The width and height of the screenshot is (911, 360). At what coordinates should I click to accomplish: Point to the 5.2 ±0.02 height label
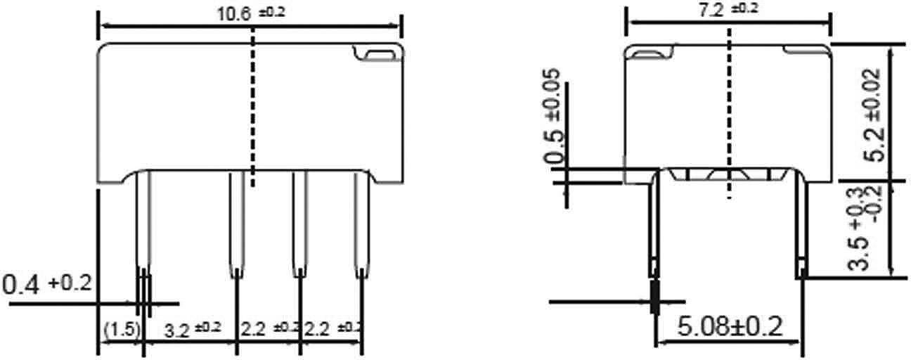pyautogui.click(x=872, y=116)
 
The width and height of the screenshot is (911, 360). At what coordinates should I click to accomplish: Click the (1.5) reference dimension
pyautogui.click(x=121, y=329)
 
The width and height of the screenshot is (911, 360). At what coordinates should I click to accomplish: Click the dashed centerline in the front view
pyautogui.click(x=252, y=112)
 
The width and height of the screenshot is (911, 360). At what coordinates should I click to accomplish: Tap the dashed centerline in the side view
pyautogui.click(x=729, y=112)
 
